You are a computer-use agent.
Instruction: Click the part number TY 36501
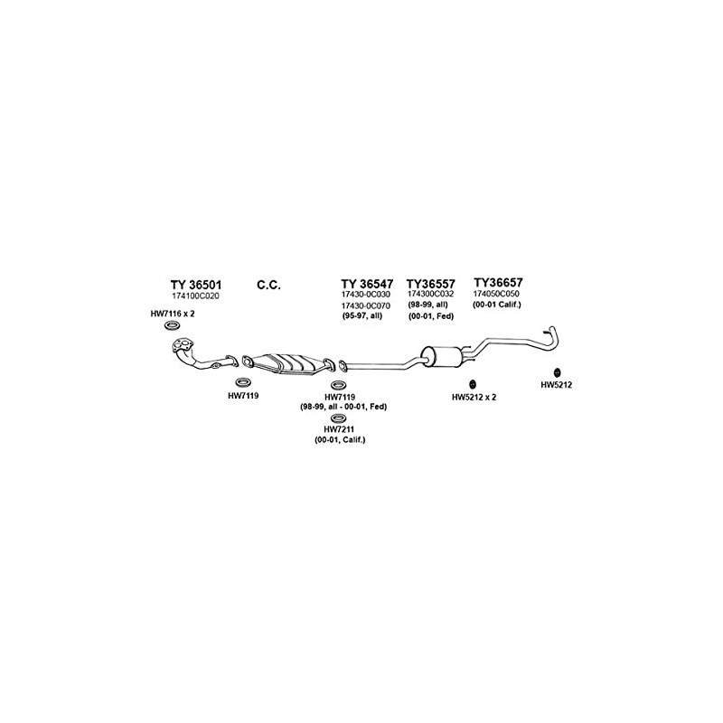coord(195,284)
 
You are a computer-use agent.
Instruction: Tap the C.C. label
coord(268,285)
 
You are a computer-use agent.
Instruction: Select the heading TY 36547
coord(367,284)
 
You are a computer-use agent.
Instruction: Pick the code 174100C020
coord(195,296)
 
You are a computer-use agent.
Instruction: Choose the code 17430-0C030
coord(365,296)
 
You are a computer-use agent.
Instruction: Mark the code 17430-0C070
coord(365,306)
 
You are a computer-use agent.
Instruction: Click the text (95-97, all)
coord(361,316)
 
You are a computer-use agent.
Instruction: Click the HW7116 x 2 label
coord(173,314)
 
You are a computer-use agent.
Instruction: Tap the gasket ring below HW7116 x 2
coord(171,325)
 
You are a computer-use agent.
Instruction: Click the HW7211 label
coord(340,428)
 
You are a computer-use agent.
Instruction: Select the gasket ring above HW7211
coord(339,418)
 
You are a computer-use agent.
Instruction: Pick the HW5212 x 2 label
coord(474,397)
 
